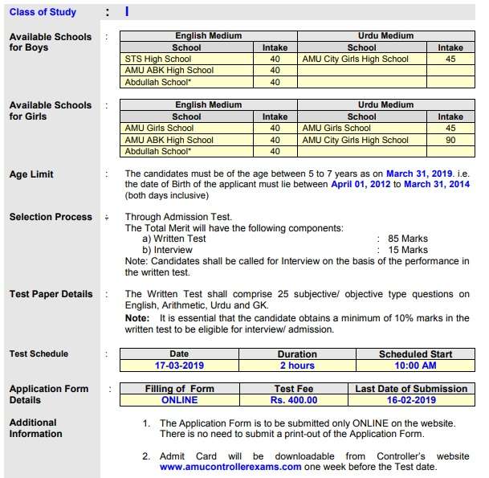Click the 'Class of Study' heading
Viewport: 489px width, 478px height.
(43, 12)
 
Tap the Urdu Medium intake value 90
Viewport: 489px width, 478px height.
(450, 140)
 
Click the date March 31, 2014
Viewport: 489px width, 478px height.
(437, 184)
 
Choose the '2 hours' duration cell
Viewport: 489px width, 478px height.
(296, 365)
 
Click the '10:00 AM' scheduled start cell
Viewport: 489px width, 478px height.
(415, 365)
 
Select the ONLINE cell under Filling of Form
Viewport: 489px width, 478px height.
(179, 399)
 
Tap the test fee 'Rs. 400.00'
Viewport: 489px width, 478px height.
(296, 399)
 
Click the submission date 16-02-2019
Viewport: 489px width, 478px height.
(410, 399)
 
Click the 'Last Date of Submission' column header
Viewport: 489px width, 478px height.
(410, 389)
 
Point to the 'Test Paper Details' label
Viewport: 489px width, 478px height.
(51, 294)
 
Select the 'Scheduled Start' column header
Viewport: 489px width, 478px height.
(415, 354)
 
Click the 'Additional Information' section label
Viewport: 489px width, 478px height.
(35, 428)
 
